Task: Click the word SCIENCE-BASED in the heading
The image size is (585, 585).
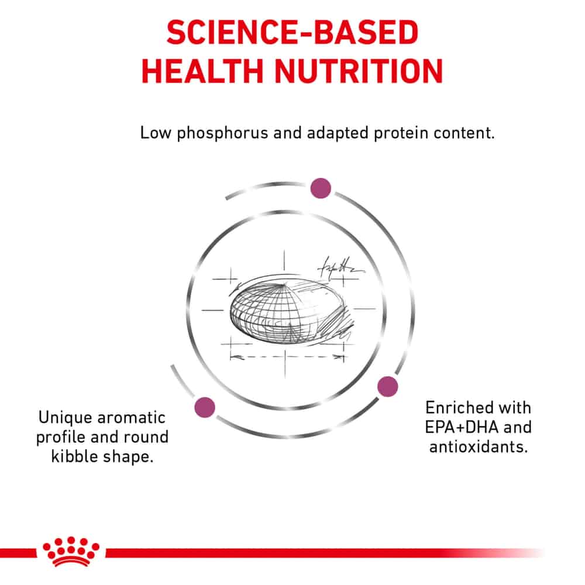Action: click(x=292, y=32)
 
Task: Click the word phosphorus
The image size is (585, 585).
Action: click(x=222, y=133)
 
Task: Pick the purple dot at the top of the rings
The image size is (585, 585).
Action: click(x=321, y=188)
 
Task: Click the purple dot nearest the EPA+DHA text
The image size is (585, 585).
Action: click(x=388, y=387)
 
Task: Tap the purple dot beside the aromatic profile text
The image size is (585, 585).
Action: click(x=205, y=407)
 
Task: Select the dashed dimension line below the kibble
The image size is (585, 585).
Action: click(x=287, y=357)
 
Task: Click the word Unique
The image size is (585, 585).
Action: click(x=65, y=418)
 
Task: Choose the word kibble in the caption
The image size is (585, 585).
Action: click(x=75, y=456)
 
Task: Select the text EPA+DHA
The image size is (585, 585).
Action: click(x=462, y=427)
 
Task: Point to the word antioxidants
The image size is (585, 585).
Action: click(x=479, y=446)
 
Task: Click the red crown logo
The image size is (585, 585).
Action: click(x=71, y=551)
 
